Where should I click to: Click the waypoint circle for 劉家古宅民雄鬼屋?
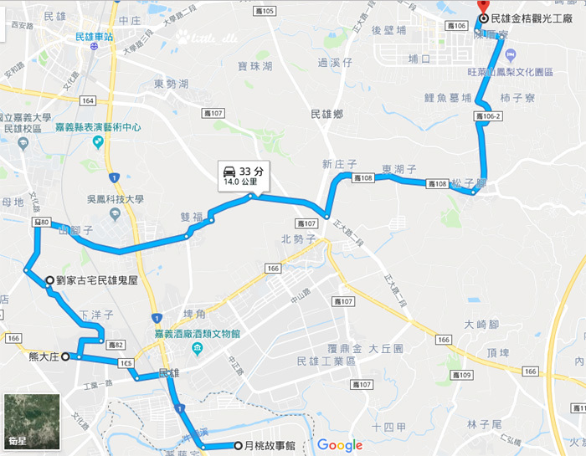(50, 281)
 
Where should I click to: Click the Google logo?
(339, 444)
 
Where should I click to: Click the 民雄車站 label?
(94, 37)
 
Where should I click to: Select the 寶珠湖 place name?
(255, 66)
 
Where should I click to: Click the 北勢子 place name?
(296, 238)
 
